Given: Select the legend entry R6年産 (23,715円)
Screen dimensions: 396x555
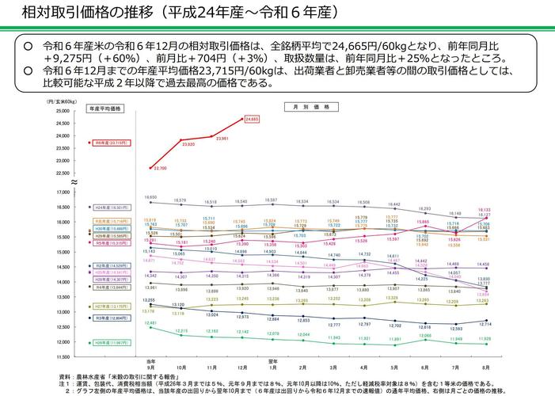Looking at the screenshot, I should point(105,143).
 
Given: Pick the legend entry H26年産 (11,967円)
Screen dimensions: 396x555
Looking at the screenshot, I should point(105,342).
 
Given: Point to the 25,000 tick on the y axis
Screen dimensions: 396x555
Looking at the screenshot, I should point(63,110).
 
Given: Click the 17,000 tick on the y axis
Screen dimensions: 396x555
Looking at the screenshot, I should point(63,192).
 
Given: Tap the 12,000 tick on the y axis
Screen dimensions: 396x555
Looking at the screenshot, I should point(63,342).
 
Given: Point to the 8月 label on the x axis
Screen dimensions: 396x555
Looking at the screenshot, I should point(485,367).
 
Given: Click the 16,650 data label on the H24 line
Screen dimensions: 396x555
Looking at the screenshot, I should point(150,197).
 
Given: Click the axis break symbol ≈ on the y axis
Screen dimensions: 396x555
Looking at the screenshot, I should point(74,182).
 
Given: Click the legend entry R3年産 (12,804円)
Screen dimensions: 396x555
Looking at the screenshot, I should point(105,318).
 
